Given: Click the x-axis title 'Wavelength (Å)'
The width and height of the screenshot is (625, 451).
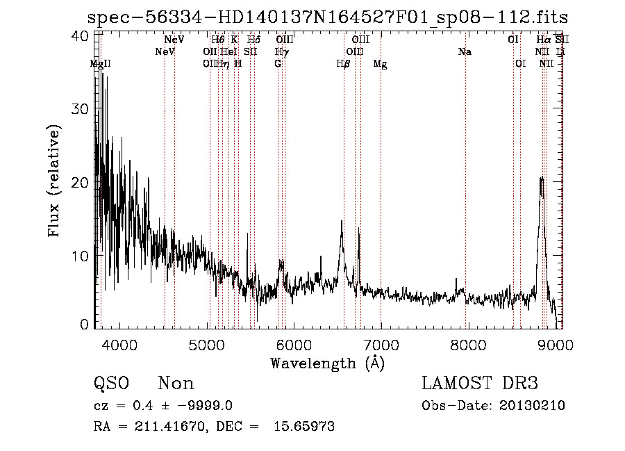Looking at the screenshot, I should click(327, 363).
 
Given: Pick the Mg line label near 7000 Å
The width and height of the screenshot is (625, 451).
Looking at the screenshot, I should click(381, 64).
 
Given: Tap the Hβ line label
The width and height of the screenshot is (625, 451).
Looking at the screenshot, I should click(343, 64).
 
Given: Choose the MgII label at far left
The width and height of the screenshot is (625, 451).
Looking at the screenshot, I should click(101, 64).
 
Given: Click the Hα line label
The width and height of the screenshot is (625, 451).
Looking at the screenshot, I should click(543, 40).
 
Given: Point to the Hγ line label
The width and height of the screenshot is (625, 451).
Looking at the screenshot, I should click(281, 52).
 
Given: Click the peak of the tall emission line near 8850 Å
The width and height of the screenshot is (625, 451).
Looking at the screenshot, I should click(542, 178).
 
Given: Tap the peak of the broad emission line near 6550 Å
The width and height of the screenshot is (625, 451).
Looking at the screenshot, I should click(341, 222).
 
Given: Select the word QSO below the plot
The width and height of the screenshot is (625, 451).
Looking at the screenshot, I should click(109, 384).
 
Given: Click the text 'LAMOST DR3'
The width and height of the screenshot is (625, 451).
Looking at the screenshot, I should click(480, 384).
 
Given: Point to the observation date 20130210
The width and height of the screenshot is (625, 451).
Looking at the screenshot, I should click(531, 406).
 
